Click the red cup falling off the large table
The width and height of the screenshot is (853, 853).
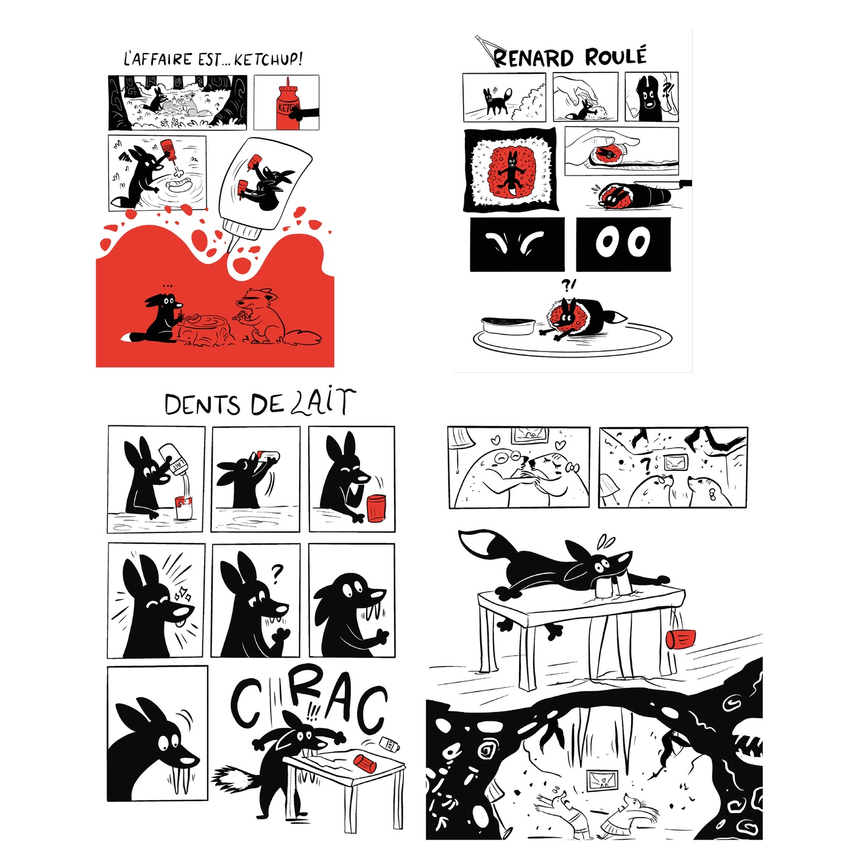(681, 639)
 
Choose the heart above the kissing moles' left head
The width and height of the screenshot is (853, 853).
(497, 439)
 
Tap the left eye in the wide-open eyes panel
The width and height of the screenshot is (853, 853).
(606, 242)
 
